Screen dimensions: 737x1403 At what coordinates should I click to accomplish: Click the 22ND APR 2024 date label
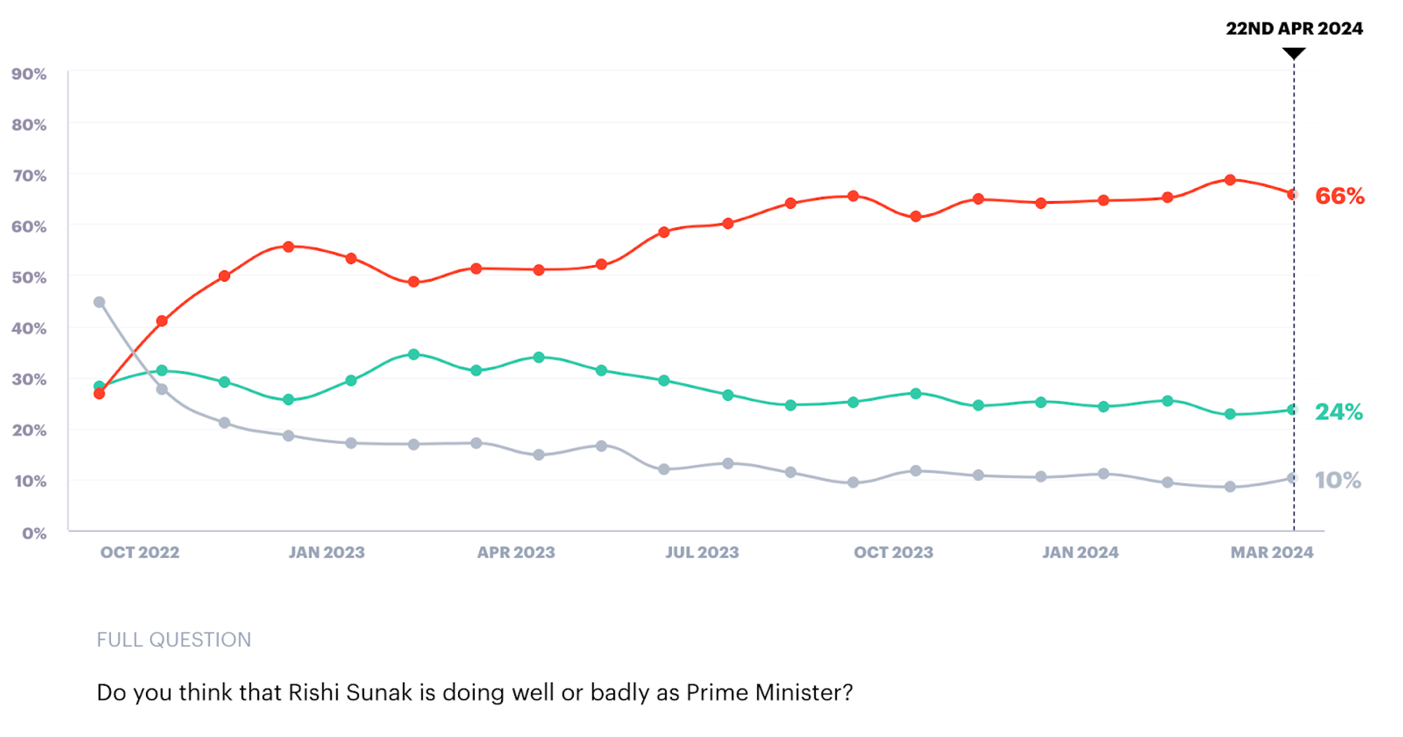[x=1294, y=29]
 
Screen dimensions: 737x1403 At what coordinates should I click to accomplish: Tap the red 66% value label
[x=1339, y=196]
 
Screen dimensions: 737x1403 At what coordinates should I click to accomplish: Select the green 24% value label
[x=1338, y=412]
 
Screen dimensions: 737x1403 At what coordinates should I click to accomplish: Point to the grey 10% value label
[x=1337, y=480]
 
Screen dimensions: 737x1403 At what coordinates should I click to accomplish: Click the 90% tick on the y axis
[x=29, y=74]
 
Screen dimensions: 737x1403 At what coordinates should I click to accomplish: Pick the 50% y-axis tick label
[x=29, y=278]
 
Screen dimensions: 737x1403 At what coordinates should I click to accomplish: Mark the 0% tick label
[x=34, y=534]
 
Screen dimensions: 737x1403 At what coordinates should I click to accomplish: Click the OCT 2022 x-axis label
[x=140, y=553]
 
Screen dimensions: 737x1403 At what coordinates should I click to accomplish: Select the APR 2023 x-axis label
[x=516, y=553]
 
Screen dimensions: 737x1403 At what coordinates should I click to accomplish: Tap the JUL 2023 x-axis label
[x=702, y=553]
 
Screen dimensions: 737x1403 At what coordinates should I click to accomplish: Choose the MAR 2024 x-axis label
[x=1271, y=553]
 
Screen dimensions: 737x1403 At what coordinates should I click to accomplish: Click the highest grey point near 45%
[x=100, y=302]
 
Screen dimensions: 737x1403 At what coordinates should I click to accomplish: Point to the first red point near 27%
[x=100, y=394]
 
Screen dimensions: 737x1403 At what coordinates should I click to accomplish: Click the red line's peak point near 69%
[x=1230, y=180]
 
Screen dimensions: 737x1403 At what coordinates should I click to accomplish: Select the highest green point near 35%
[x=414, y=355]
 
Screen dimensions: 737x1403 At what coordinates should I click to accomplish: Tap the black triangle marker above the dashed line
[x=1294, y=53]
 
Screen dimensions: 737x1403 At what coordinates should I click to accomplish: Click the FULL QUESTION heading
[x=173, y=640]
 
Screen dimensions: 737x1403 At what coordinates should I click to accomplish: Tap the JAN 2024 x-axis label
[x=1080, y=553]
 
